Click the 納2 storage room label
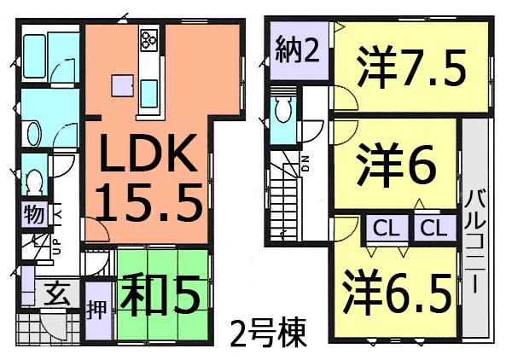(x=297, y=52)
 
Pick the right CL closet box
(x=433, y=228)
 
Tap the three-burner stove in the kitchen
(x=149, y=38)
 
